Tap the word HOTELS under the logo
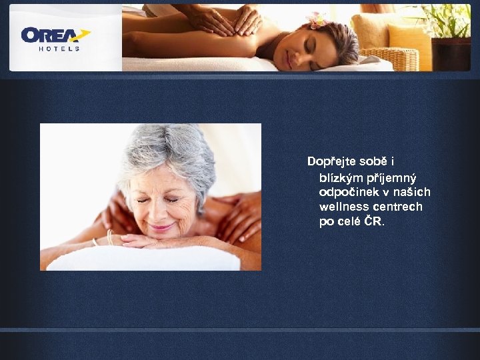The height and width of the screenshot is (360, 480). (59, 49)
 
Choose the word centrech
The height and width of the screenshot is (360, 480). (399, 207)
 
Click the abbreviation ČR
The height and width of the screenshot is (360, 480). (373, 221)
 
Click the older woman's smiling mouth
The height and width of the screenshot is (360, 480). (161, 227)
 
